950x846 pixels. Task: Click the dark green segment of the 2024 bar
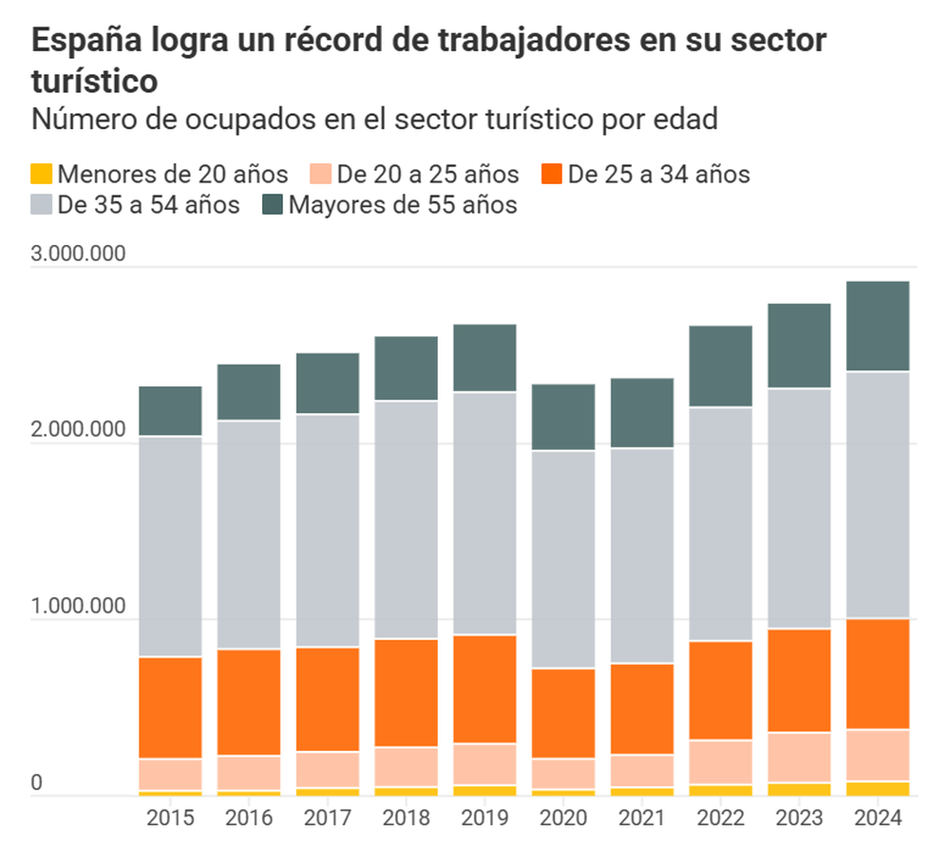[878, 326]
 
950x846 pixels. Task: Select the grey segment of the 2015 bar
[170, 546]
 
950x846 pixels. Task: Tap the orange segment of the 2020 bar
[563, 713]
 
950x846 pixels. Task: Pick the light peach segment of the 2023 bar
[799, 757]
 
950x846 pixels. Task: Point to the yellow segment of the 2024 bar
[878, 788]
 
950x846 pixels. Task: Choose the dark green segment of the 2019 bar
[484, 357]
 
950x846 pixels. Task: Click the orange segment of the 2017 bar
[328, 699]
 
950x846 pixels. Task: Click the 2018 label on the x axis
[407, 818]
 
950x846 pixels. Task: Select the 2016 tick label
[249, 818]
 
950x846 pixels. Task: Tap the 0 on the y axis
[38, 782]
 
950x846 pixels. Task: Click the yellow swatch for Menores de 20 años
[42, 175]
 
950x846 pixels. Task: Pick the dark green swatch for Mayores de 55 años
[274, 205]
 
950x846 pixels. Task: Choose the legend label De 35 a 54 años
[148, 205]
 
